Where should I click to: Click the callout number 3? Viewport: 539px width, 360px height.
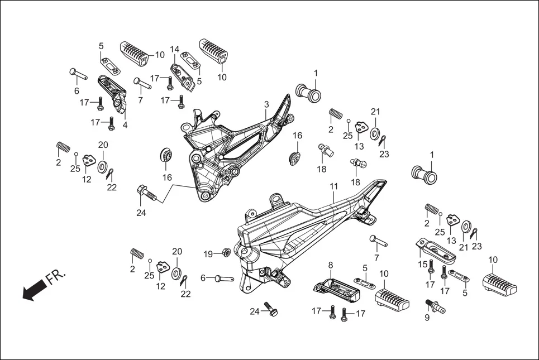pyautogui.click(x=266, y=104)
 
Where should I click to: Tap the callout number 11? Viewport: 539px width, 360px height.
pyautogui.click(x=333, y=185)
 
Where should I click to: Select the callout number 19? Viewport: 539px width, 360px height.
pyautogui.click(x=208, y=254)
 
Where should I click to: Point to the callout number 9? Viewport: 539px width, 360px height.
pyautogui.click(x=427, y=318)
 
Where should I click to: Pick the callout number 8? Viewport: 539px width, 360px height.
pyautogui.click(x=330, y=265)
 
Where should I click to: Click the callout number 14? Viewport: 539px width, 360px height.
pyautogui.click(x=175, y=49)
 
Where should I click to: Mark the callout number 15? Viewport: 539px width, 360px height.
pyautogui.click(x=423, y=264)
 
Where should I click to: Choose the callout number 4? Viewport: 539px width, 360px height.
pyautogui.click(x=125, y=125)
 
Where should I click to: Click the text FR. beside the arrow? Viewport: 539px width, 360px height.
pyautogui.click(x=56, y=276)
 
